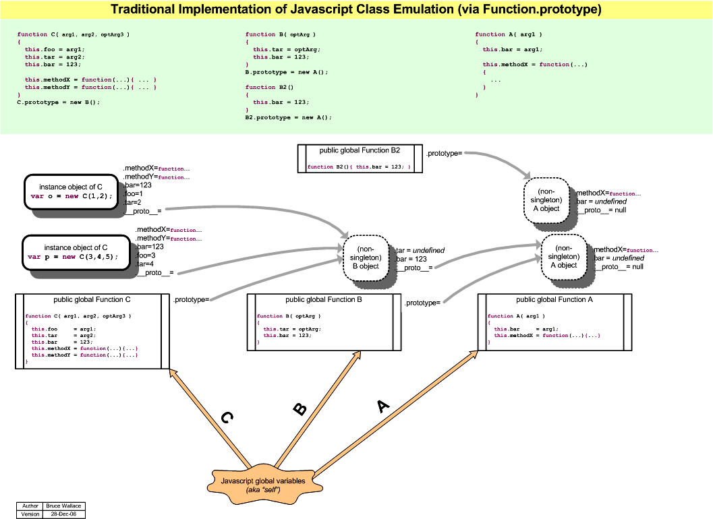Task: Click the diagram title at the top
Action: click(356, 9)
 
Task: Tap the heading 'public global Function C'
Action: click(88, 300)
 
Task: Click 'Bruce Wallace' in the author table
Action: click(63, 506)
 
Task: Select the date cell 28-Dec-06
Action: click(63, 514)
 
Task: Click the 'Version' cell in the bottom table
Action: click(30, 514)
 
